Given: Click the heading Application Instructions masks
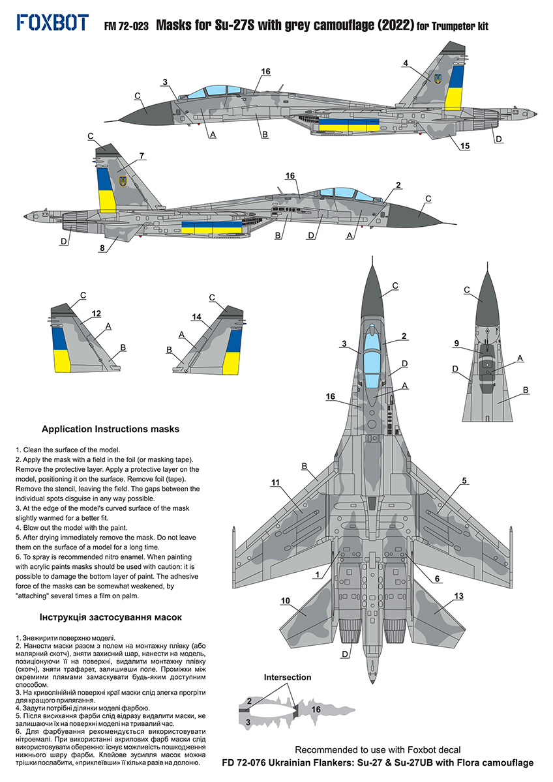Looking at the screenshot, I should tap(110, 429).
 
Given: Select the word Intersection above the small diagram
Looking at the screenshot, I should tap(288, 678).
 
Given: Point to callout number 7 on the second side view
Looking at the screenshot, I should tap(142, 156).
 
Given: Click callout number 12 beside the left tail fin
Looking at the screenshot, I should tap(96, 314).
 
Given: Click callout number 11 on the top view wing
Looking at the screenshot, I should tap(275, 482).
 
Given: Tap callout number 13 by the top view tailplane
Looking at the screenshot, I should tap(458, 596).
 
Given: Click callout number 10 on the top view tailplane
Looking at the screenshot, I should tap(285, 601).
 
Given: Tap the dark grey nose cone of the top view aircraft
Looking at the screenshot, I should tap(379, 286).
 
